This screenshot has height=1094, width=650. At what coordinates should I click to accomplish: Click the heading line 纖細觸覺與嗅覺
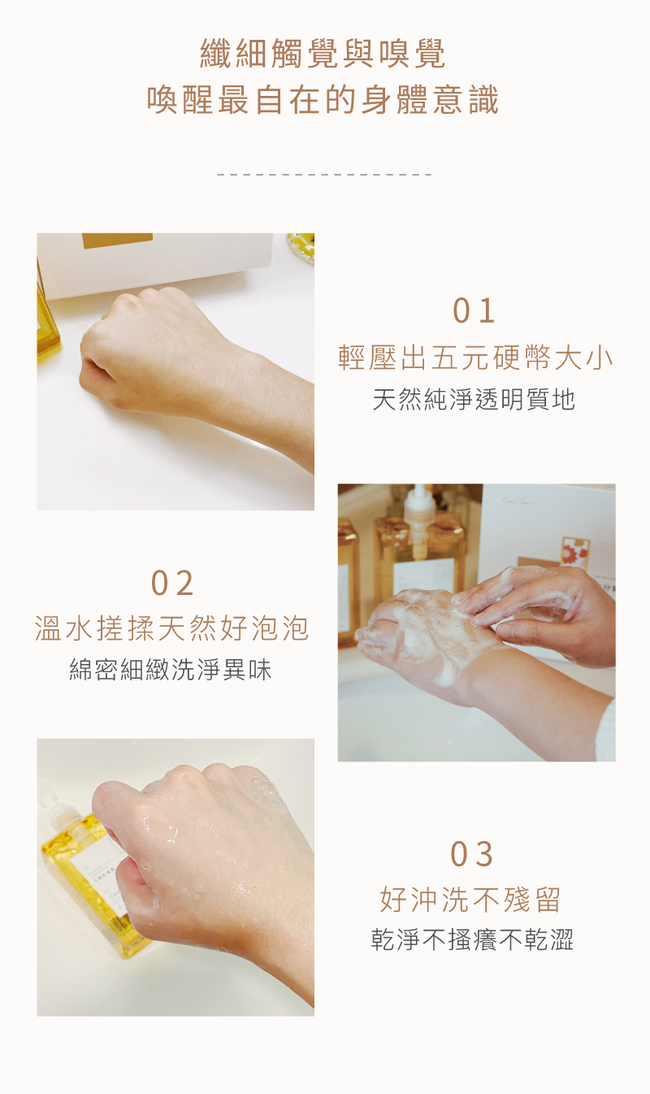(x=323, y=54)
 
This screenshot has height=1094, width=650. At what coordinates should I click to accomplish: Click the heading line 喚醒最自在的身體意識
(x=323, y=101)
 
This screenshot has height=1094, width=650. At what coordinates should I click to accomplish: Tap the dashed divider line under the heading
(x=324, y=175)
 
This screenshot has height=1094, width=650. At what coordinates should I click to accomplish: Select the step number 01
(x=474, y=311)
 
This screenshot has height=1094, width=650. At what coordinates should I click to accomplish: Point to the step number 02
(x=172, y=584)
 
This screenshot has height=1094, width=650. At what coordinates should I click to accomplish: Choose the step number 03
(x=472, y=855)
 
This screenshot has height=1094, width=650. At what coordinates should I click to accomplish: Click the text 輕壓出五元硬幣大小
(x=475, y=358)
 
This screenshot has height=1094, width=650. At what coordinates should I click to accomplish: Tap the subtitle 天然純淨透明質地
(x=474, y=399)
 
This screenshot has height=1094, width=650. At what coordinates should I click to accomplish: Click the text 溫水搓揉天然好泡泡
(x=172, y=628)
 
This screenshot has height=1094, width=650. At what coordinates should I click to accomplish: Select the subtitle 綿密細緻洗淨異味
(x=171, y=670)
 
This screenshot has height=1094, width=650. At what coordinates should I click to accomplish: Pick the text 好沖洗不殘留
(x=470, y=900)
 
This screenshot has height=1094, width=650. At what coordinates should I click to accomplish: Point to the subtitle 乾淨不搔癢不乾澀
(x=472, y=940)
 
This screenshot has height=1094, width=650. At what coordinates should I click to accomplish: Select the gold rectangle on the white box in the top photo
(x=117, y=241)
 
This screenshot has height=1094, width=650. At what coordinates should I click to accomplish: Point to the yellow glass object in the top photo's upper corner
(x=301, y=247)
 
